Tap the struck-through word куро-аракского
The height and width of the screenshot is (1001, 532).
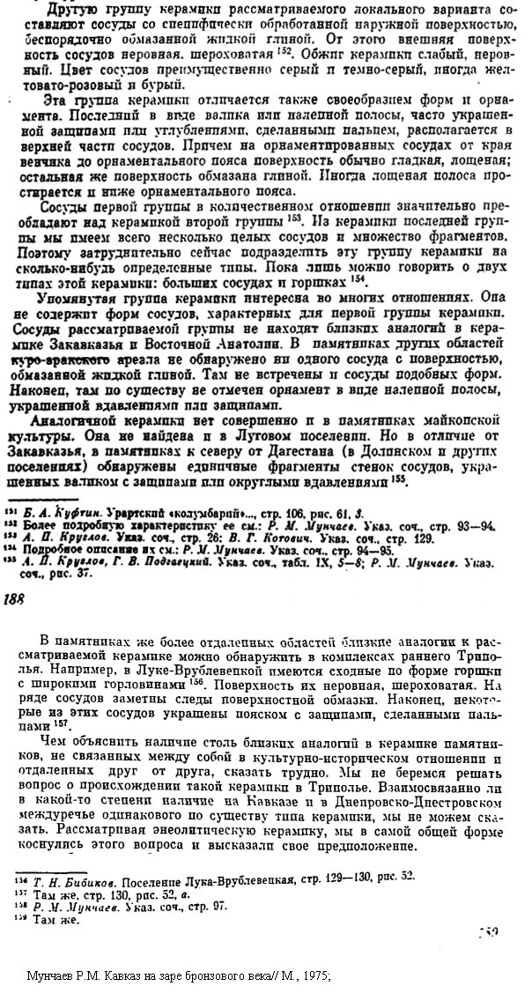point(59,360)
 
